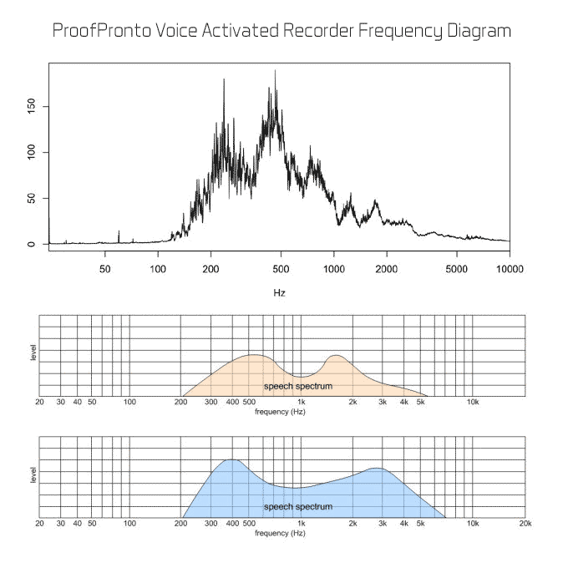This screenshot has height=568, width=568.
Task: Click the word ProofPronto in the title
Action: click(102, 30)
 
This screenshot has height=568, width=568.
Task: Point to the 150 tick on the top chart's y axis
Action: click(32, 107)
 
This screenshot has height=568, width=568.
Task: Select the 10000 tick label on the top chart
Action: click(510, 269)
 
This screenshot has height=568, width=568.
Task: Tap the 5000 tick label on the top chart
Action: click(456, 269)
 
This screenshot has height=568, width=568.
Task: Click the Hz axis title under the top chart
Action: click(279, 292)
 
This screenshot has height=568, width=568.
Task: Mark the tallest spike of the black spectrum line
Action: click(275, 70)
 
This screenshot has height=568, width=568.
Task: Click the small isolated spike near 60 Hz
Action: click(119, 236)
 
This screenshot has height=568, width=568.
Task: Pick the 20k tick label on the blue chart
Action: click(525, 524)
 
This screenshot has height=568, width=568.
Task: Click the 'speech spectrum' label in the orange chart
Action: click(298, 386)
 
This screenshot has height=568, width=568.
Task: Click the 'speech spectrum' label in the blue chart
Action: click(298, 506)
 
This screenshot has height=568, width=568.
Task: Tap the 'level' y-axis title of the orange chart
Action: click(33, 352)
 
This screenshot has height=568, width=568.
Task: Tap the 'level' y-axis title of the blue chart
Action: click(33, 475)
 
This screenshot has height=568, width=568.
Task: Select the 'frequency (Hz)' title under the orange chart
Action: click(280, 412)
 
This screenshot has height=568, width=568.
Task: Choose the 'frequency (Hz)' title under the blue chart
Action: click(280, 533)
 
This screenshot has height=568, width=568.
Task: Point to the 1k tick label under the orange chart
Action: click(301, 402)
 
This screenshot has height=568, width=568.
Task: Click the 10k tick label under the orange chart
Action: click(473, 402)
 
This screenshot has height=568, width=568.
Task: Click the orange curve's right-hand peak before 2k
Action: click(337, 355)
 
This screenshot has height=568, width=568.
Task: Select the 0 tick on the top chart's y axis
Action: click(32, 244)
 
